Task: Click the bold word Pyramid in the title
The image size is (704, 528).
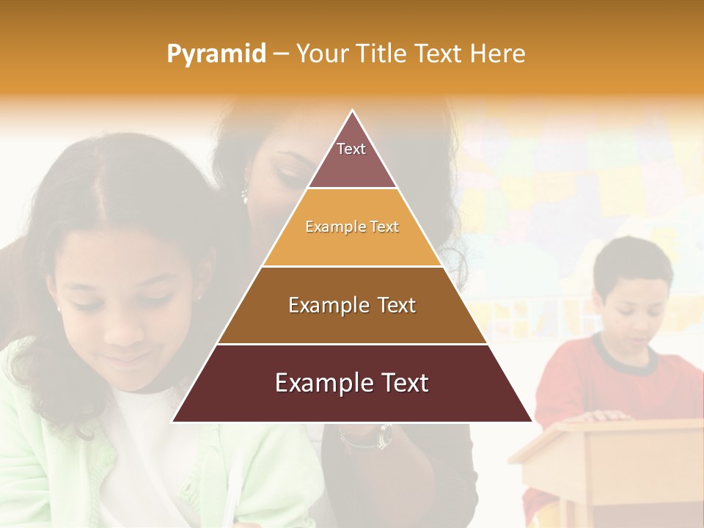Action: (x=216, y=54)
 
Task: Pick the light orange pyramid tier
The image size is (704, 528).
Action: (x=352, y=227)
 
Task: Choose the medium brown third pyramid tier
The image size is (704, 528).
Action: (x=352, y=305)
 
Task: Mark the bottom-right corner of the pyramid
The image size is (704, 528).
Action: (x=530, y=421)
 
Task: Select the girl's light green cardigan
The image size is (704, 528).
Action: (x=44, y=455)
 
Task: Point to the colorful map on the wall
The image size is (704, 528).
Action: (x=579, y=183)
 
